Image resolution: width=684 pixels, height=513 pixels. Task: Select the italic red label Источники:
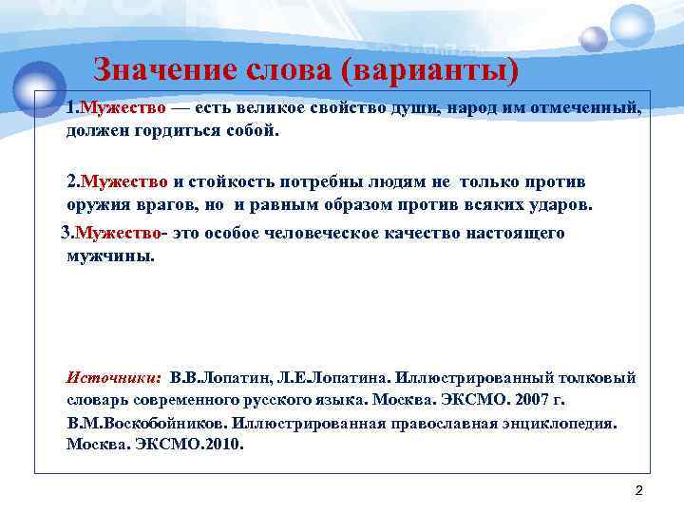(x=114, y=377)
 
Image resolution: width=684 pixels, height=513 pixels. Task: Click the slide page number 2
(x=638, y=490)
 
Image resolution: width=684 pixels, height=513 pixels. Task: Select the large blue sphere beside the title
(x=40, y=86)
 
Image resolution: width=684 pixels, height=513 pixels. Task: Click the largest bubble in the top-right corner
(x=633, y=26)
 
